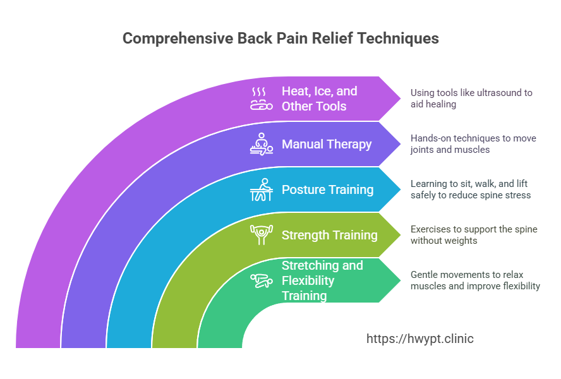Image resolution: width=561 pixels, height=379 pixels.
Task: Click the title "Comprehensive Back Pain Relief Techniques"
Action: coord(280,39)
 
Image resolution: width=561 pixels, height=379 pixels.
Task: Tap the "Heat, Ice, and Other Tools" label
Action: coord(320,99)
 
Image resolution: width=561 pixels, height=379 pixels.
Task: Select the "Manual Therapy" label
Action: coord(327,144)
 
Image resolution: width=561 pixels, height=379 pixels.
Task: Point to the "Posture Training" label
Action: coord(327,189)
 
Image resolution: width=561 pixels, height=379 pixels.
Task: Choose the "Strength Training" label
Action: coord(329,235)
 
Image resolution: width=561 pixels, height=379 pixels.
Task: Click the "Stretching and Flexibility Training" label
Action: coord(322,280)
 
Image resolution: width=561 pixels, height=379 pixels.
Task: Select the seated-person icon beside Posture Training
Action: coord(261,189)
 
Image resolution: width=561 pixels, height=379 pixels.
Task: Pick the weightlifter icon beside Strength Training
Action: coord(261,235)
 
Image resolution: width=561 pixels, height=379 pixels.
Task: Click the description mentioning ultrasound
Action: coord(471,98)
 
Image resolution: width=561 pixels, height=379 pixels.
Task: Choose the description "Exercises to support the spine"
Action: coord(474,234)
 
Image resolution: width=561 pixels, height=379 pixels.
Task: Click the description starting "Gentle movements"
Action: coord(475,280)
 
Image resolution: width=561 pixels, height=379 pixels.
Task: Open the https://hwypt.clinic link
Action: coord(420,339)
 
